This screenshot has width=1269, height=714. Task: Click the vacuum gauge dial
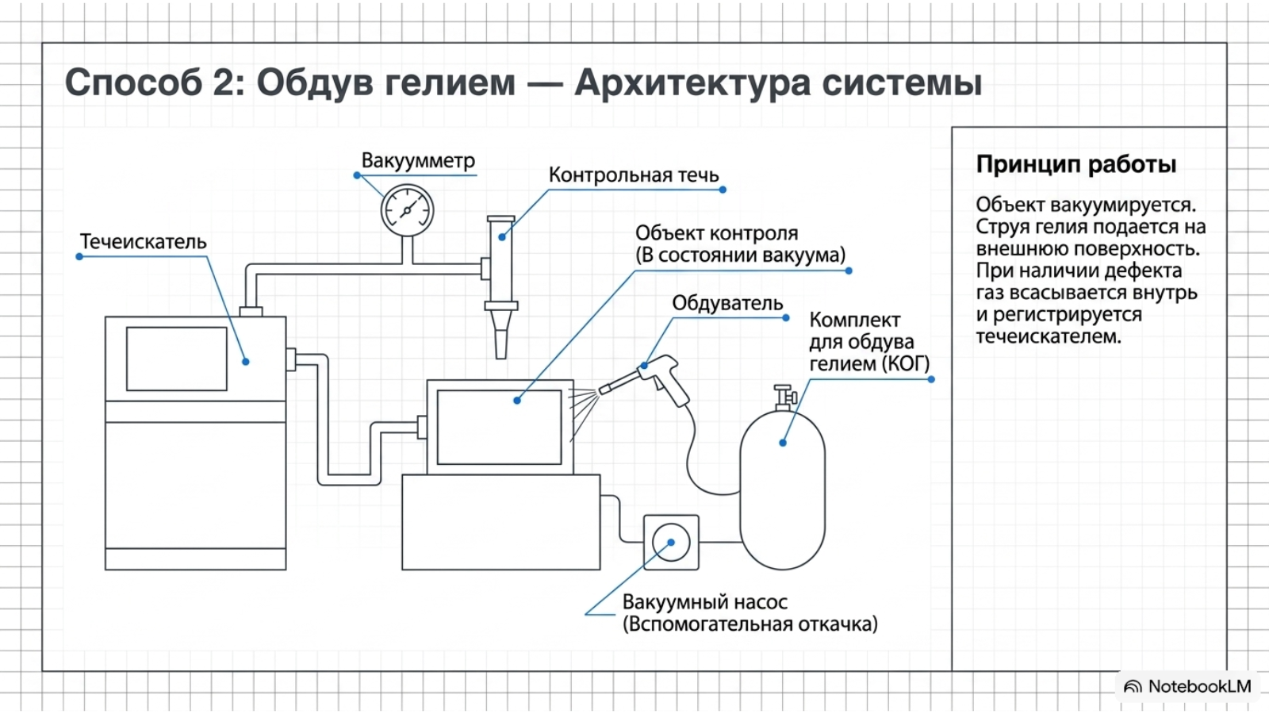tap(408, 210)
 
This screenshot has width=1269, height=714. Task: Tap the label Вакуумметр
tap(418, 161)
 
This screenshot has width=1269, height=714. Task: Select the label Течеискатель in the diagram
tap(144, 242)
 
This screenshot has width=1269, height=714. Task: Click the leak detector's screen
tap(177, 359)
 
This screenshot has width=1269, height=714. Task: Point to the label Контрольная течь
tap(634, 175)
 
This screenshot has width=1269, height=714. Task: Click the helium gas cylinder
tap(782, 490)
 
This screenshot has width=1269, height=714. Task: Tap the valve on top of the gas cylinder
tap(784, 397)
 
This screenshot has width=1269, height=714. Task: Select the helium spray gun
tap(646, 380)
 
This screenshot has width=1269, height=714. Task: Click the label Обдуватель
tap(727, 304)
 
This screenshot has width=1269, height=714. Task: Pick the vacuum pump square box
tap(671, 543)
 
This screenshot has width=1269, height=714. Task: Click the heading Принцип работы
tap(1075, 165)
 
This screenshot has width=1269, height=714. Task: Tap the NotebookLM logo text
tap(1199, 687)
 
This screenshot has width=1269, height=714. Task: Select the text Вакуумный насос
tap(705, 602)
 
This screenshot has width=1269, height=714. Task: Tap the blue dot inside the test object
tap(516, 401)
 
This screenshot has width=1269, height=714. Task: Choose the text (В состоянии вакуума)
tap(741, 255)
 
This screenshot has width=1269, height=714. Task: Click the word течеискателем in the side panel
tap(1049, 336)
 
